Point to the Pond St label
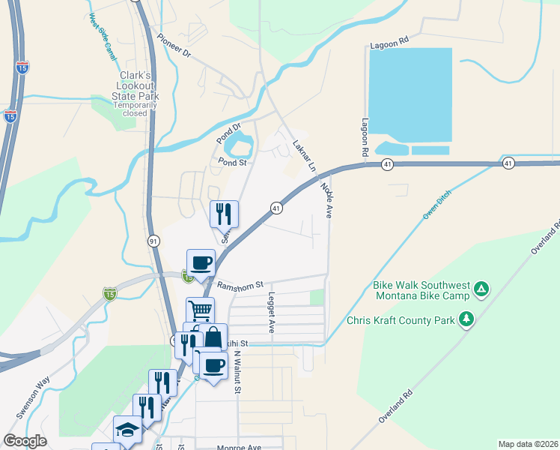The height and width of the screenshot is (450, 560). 232,161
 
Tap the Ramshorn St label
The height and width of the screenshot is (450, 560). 240,285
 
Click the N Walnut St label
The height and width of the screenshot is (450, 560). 236,371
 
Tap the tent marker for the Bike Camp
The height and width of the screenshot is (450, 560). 482,288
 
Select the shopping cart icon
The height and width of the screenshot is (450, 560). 200,309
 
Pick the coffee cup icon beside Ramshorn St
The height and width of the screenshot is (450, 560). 201,262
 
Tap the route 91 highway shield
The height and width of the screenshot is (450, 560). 153,241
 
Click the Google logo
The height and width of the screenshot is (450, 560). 25,441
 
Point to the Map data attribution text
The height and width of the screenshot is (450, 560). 528,444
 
